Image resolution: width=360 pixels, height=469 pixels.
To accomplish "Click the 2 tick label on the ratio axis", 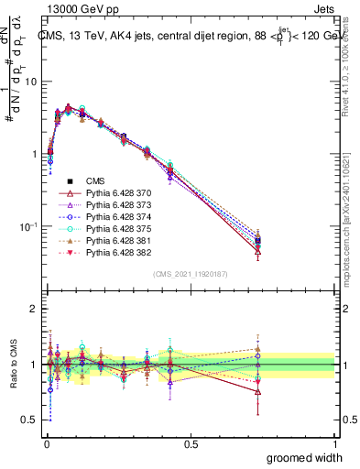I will point(34,309).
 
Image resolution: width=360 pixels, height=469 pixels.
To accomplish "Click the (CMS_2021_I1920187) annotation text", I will point(191,274).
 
